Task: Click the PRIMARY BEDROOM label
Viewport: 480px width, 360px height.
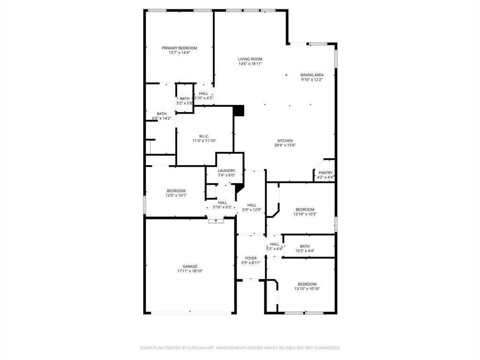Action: [x=179, y=48]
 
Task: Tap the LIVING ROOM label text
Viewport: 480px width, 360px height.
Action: [x=250, y=59]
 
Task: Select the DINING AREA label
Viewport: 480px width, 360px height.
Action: [x=312, y=75]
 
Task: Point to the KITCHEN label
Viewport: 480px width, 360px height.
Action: [x=285, y=141]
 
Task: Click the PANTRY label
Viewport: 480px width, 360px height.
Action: [x=325, y=173]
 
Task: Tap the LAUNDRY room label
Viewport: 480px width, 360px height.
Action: [x=226, y=171]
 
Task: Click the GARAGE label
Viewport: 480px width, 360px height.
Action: [x=190, y=266]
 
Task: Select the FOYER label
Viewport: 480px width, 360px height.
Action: [x=251, y=258]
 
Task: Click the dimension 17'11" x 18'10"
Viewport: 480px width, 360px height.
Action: [x=190, y=271]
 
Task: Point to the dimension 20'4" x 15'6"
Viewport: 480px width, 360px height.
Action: [x=285, y=145]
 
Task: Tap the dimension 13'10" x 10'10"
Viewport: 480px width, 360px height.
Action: [x=307, y=289]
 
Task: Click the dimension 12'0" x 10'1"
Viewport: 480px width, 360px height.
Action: [x=176, y=195]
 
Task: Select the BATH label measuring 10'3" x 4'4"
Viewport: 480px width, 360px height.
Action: [x=305, y=246]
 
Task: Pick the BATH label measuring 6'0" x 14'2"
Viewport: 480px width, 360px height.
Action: [x=161, y=113]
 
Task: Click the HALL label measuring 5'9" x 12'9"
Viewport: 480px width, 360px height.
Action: [x=252, y=205]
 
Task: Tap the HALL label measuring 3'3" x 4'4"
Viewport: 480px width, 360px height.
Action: [x=274, y=244]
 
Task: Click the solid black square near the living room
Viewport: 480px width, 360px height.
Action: [x=239, y=111]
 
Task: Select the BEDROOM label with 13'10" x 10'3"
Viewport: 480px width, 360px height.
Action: [x=305, y=210]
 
